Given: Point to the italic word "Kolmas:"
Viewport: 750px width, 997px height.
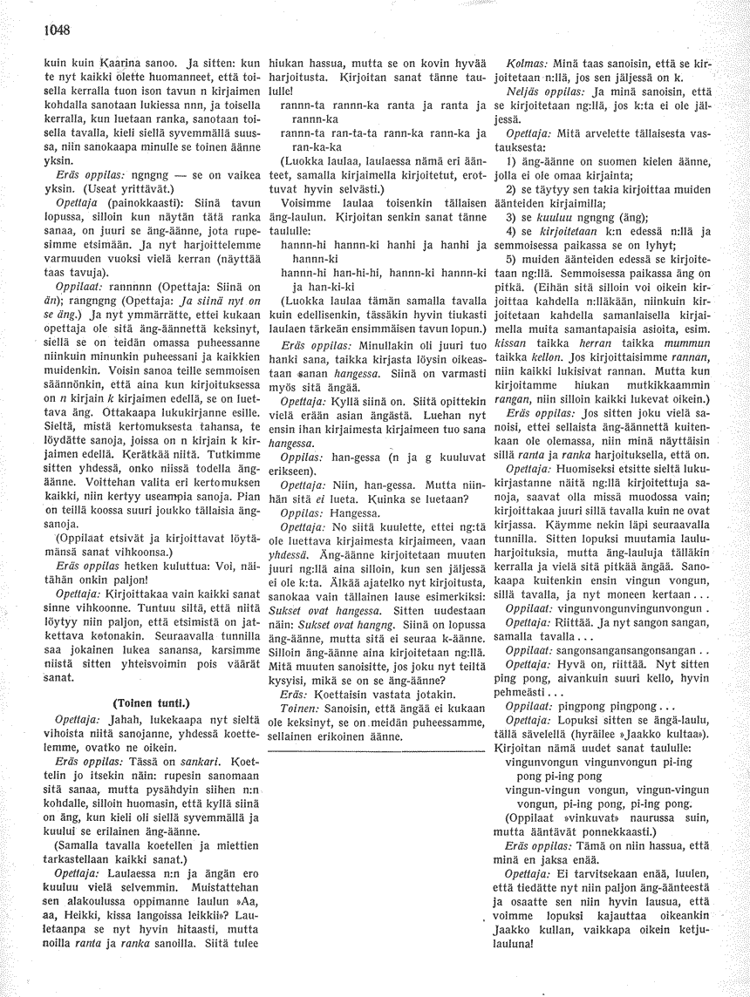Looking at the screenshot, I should [526, 64].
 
